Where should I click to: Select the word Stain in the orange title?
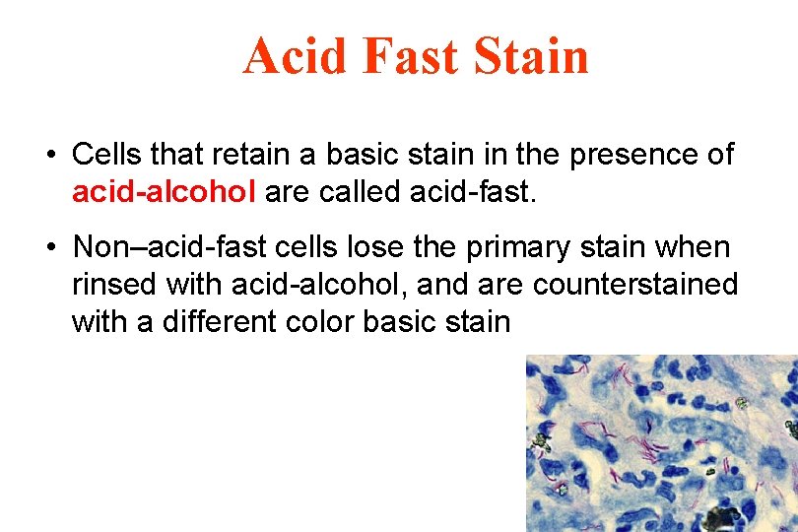click(532, 55)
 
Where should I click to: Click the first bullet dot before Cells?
click(48, 156)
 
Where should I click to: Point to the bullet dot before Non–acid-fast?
click(48, 245)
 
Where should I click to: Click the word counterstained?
click(635, 285)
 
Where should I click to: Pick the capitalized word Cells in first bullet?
click(107, 155)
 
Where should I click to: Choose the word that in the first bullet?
click(182, 155)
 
